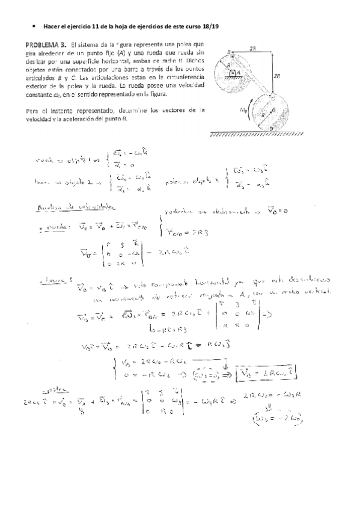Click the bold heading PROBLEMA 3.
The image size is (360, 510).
click(x=46, y=45)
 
